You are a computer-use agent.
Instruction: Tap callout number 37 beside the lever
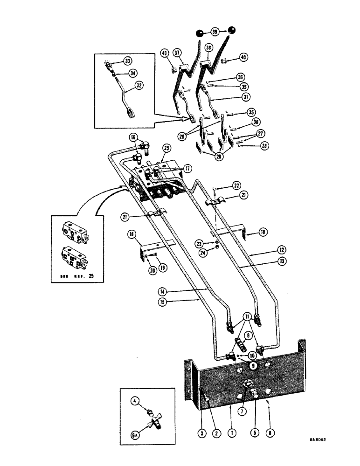tap(178, 53)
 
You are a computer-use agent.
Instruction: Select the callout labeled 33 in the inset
tap(127, 61)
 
